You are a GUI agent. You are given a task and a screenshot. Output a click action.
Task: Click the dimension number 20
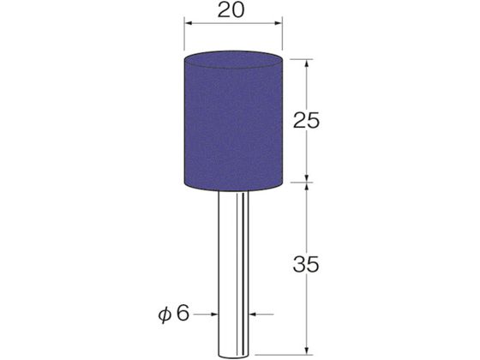231,10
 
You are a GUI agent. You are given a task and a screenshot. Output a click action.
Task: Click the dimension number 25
306,120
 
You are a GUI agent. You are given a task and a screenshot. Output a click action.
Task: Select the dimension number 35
306,264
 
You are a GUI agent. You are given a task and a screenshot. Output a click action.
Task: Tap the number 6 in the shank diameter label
183,313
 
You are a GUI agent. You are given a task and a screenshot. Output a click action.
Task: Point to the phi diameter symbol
165,315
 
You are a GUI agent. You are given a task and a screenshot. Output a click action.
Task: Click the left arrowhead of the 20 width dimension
188,23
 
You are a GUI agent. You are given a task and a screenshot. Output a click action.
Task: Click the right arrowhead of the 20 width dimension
278,23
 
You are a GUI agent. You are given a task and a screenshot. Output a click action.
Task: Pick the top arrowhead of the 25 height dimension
307,63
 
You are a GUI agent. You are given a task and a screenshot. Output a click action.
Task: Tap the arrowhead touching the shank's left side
214,314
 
